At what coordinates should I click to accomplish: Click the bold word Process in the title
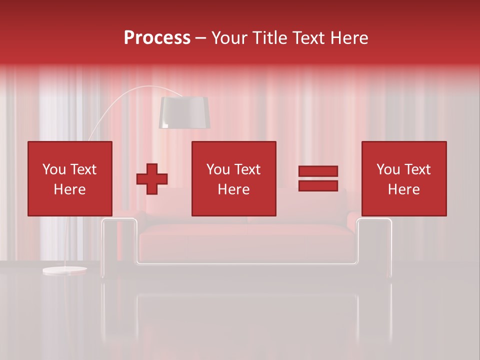point(157,38)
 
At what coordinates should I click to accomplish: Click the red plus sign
point(152,179)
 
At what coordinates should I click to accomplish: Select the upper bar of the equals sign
point(318,171)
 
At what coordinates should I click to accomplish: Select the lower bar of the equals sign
point(318,186)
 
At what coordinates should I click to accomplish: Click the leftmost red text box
point(69,178)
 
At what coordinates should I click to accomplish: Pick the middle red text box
point(233,178)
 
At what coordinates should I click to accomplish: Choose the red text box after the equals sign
point(403,178)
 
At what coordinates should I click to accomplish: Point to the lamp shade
point(184,112)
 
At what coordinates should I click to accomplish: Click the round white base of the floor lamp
point(64,270)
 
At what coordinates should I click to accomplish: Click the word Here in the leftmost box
point(69,189)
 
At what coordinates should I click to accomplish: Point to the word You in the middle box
point(218,169)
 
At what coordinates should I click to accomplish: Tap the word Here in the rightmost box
point(403,189)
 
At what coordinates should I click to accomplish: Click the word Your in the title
point(230,38)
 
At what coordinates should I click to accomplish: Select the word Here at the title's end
point(351,38)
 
